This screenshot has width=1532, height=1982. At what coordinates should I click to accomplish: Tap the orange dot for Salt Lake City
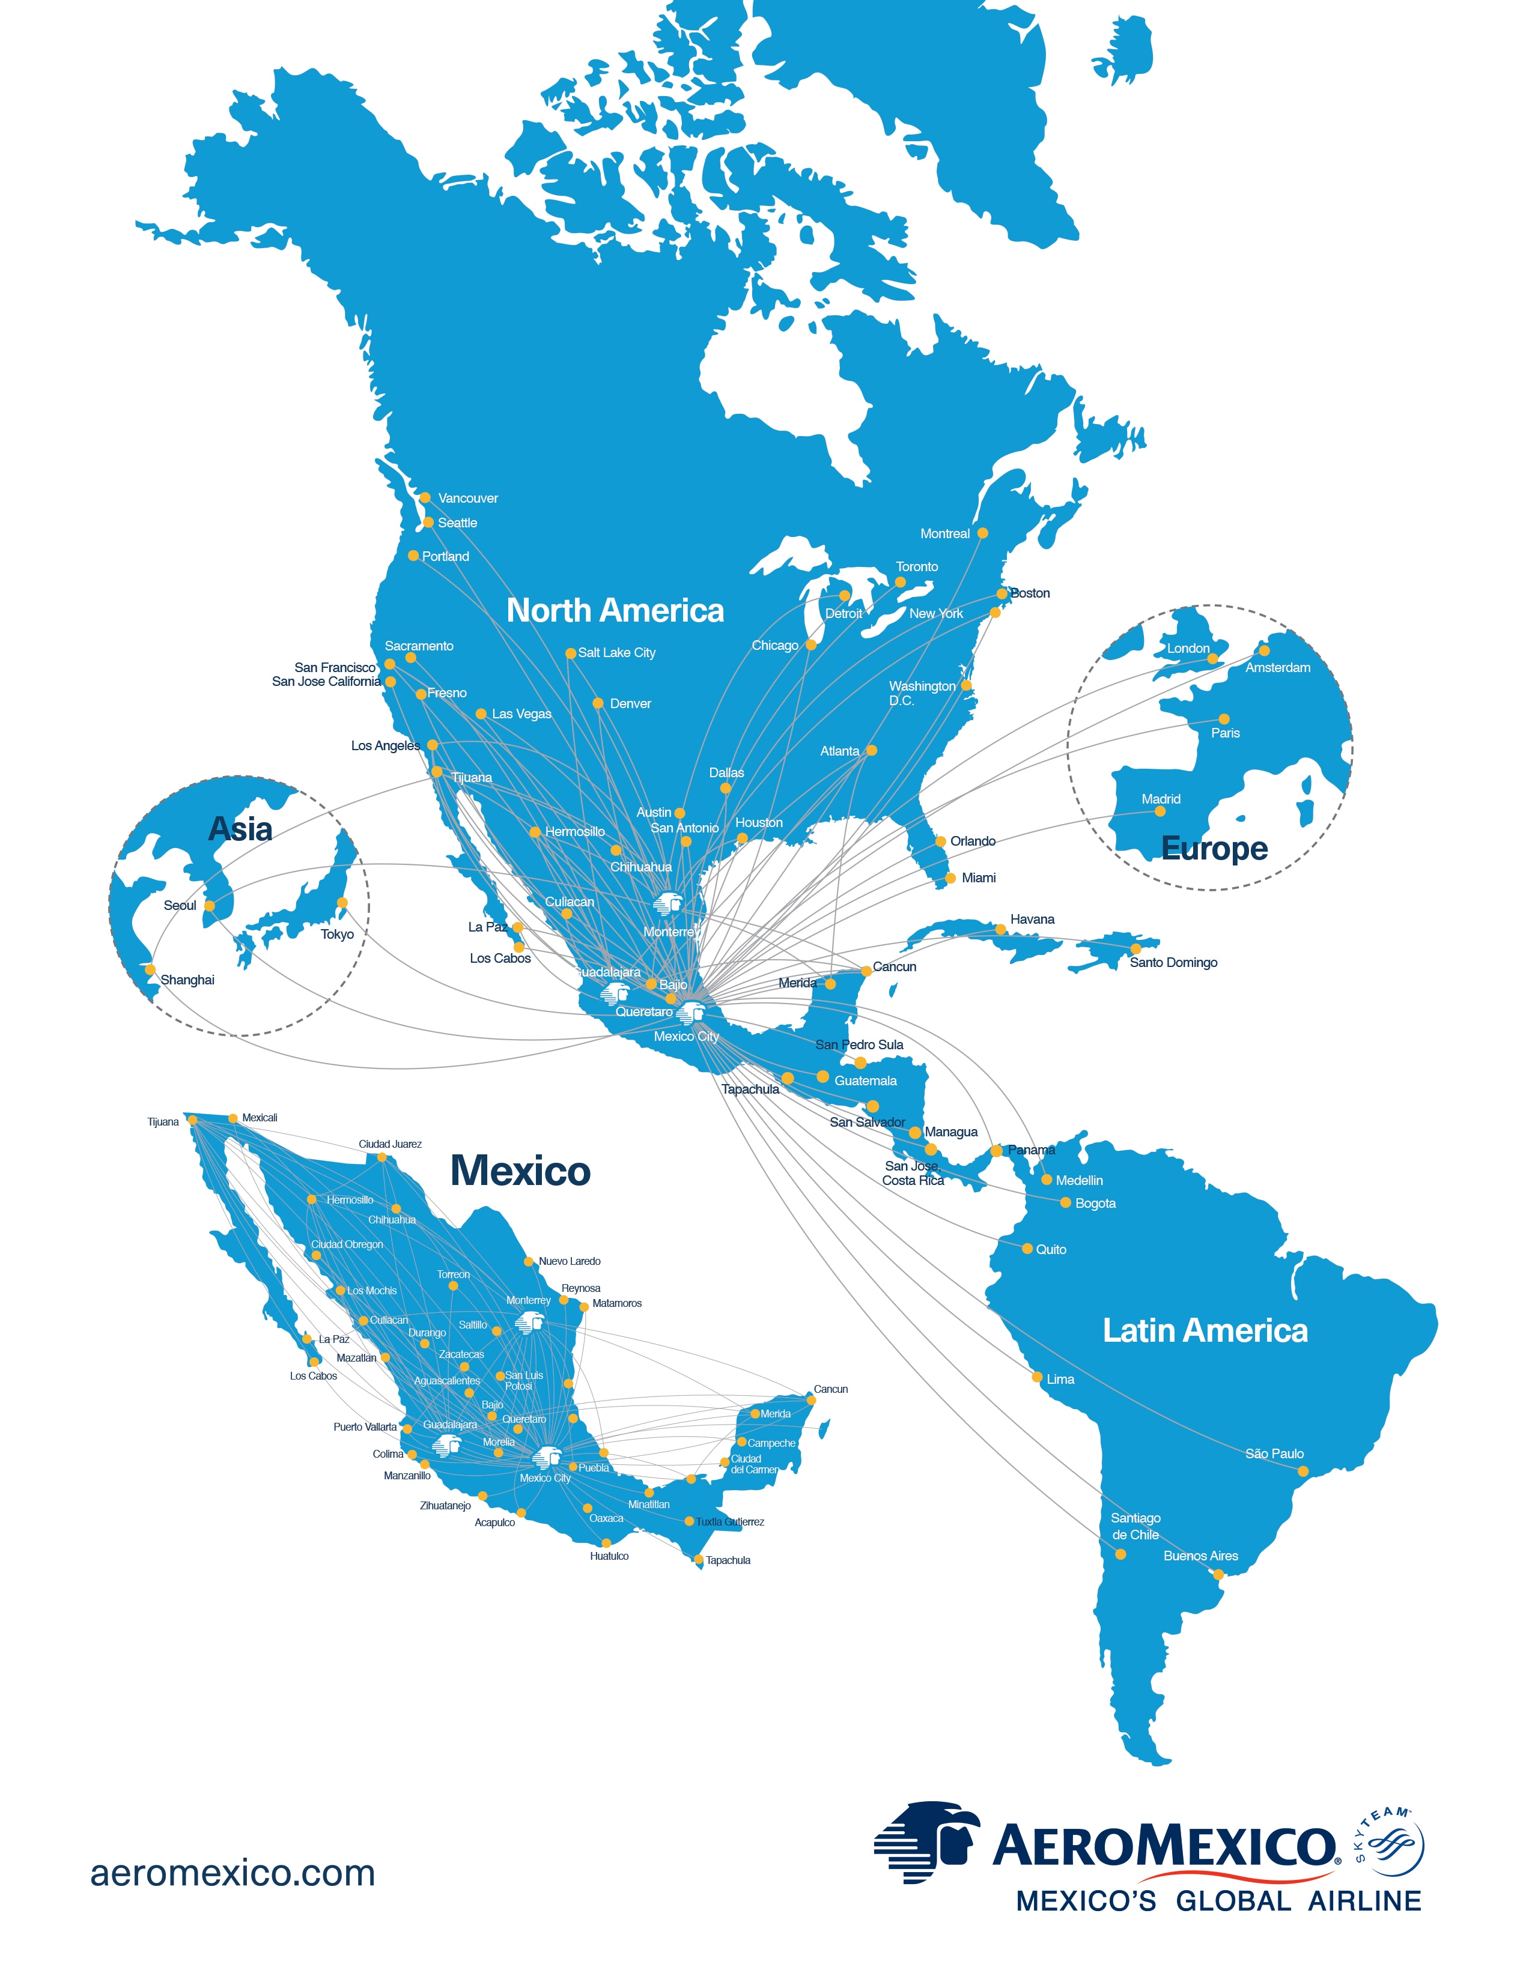(570, 653)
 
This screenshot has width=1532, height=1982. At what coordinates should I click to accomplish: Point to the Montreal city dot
(982, 533)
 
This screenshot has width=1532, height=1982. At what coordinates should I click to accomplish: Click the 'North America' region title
(615, 611)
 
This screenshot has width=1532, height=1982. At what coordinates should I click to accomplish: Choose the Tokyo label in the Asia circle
(336, 934)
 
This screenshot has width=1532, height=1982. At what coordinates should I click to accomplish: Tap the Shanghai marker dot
(151, 970)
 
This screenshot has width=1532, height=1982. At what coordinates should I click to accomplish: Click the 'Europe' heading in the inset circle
(1214, 849)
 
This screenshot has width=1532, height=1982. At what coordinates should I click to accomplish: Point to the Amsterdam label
(1277, 668)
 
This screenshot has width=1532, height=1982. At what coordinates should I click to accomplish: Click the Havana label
(1032, 920)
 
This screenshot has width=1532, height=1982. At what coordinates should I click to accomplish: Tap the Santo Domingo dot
(1135, 949)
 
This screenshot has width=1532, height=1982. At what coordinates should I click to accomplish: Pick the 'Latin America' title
(1205, 1330)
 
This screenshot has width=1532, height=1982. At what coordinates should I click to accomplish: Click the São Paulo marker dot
(1303, 1471)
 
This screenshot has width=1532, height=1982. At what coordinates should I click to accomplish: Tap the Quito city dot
(1027, 1249)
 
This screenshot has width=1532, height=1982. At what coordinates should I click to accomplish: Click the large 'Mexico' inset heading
(520, 1171)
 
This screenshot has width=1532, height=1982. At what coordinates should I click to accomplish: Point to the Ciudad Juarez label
(391, 1144)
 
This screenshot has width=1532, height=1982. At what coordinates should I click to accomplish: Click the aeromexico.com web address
(233, 1872)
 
